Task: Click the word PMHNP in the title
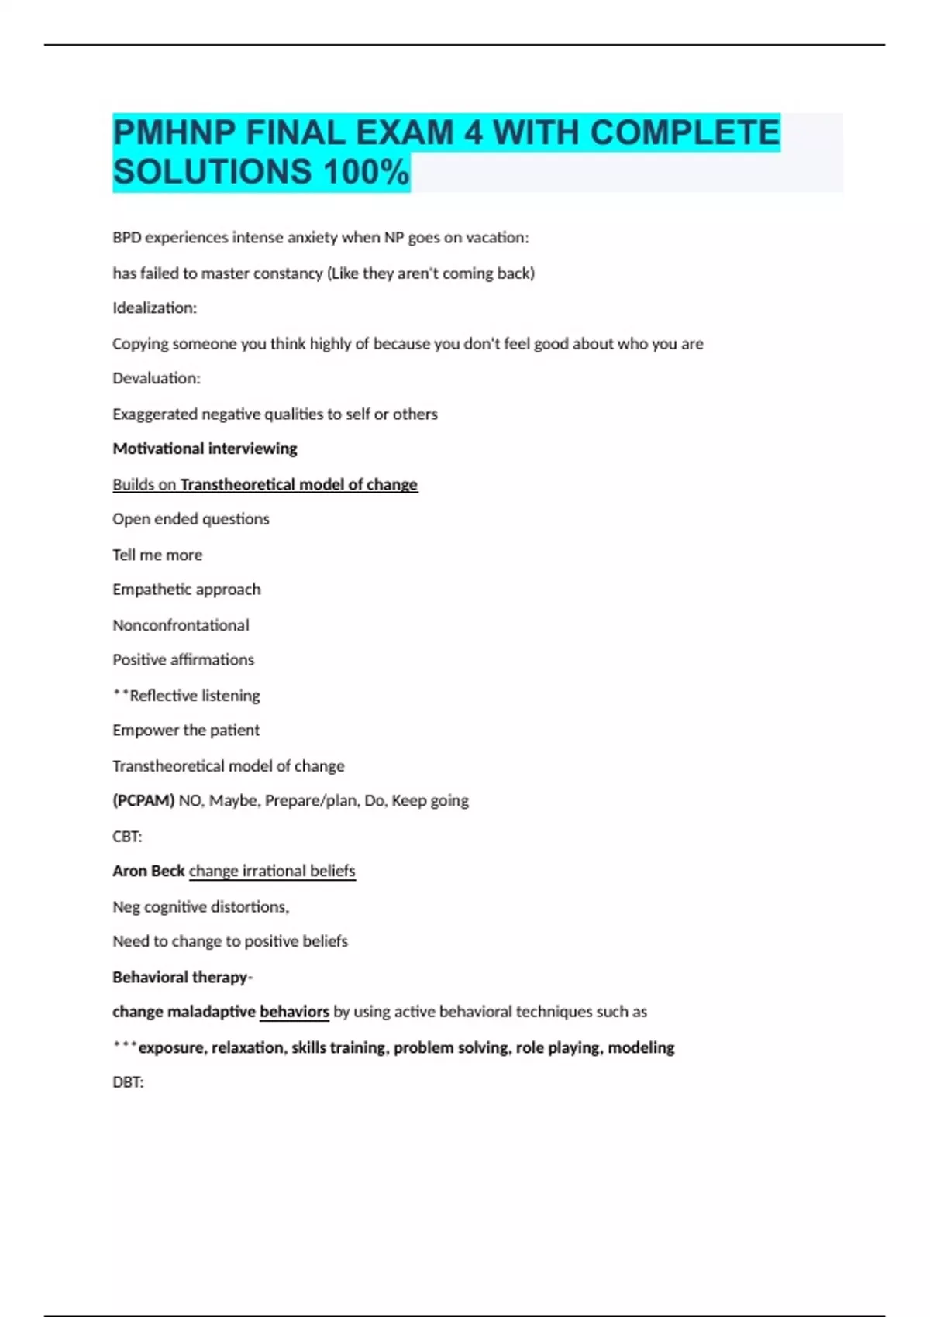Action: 174,132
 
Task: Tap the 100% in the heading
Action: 366,172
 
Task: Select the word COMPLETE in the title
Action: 685,132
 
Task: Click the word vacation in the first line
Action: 497,238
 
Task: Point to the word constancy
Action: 291,273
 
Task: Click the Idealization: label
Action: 155,308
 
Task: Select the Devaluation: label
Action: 157,379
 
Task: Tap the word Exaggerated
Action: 154,414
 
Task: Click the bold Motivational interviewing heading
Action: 205,449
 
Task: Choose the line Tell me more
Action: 157,555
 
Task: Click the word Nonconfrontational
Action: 181,625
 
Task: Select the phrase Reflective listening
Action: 195,696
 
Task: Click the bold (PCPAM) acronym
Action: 143,801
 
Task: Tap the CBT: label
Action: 127,837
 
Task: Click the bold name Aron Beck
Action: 149,872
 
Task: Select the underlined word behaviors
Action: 294,1012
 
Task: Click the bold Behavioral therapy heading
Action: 180,978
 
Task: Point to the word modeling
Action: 641,1048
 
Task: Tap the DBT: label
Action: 128,1083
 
